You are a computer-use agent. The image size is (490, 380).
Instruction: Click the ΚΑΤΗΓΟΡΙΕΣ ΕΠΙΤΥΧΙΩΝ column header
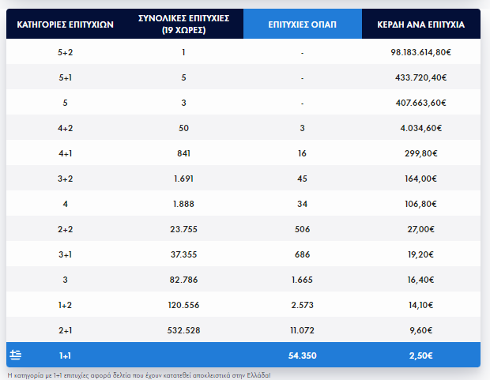click(x=66, y=24)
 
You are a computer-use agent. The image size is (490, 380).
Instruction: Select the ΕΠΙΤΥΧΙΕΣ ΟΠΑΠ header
click(x=303, y=24)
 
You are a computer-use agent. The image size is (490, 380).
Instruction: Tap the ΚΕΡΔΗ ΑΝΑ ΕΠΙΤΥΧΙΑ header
click(x=420, y=24)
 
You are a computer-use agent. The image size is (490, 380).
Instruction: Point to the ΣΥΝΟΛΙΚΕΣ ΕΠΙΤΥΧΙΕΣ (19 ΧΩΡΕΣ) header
click(x=183, y=24)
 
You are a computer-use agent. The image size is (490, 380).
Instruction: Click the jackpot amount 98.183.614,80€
click(x=420, y=52)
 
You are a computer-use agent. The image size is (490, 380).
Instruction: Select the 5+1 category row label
click(x=66, y=78)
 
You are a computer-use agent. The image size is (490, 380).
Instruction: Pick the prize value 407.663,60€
click(x=420, y=103)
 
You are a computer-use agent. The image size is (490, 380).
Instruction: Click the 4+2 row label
click(x=66, y=128)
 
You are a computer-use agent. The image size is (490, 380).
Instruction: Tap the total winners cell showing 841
click(x=183, y=153)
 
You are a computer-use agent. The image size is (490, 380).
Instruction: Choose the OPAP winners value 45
click(x=303, y=179)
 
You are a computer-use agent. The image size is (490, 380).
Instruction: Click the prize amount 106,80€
click(x=420, y=204)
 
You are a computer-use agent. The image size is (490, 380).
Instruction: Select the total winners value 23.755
click(x=183, y=229)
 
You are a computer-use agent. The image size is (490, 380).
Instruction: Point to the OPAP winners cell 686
click(x=303, y=254)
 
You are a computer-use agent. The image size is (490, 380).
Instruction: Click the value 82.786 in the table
click(x=183, y=280)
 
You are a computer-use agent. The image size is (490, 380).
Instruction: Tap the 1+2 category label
click(x=66, y=305)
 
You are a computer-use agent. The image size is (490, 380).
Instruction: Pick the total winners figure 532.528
click(x=183, y=330)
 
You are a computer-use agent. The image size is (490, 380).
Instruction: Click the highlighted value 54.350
click(x=303, y=356)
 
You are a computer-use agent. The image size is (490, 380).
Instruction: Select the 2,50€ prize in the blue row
click(x=420, y=356)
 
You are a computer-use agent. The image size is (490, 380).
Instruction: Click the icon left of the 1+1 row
click(x=16, y=355)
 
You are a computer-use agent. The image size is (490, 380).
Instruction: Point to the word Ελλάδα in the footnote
click(x=255, y=374)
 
